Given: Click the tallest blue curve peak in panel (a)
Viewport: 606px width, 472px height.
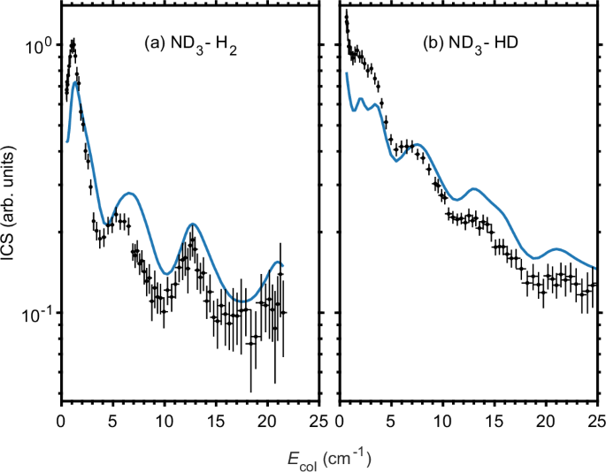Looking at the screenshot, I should [x=77, y=83].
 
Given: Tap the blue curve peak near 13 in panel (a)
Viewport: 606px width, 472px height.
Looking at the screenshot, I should [x=192, y=225].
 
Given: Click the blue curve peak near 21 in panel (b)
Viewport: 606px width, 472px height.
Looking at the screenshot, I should [x=556, y=249].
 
